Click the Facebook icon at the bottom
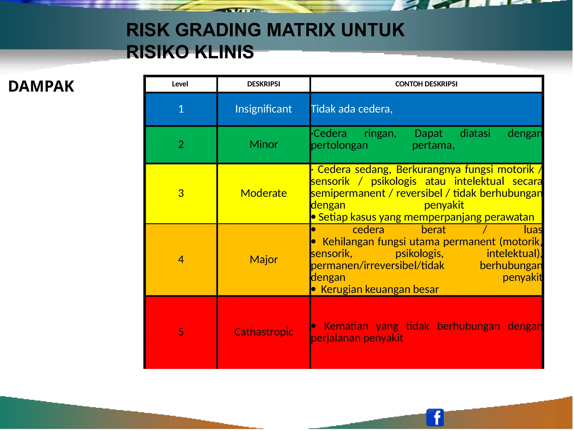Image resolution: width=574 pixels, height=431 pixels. (x=435, y=417)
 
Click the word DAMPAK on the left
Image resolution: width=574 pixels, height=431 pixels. (x=41, y=86)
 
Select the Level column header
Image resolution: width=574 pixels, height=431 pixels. (x=180, y=84)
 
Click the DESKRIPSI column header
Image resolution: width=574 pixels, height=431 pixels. (x=263, y=84)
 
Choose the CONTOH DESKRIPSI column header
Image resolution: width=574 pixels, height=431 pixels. (x=426, y=84)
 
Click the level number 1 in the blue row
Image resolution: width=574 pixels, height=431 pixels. (x=181, y=109)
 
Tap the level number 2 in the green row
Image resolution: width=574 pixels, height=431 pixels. (x=181, y=145)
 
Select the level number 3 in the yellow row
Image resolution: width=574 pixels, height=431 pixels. (x=181, y=193)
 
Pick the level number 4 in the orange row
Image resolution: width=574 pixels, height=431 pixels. (x=181, y=260)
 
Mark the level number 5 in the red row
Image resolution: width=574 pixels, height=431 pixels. (x=181, y=332)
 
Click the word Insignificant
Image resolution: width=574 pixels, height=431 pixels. (x=263, y=109)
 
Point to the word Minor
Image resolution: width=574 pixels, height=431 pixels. (x=263, y=145)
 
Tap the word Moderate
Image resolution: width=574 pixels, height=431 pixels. (x=263, y=193)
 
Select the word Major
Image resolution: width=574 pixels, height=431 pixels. (x=263, y=260)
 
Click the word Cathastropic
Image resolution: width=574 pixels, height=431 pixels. (x=263, y=332)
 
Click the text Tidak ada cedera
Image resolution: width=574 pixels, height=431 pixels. (x=351, y=109)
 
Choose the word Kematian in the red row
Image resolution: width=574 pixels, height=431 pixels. (x=346, y=326)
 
